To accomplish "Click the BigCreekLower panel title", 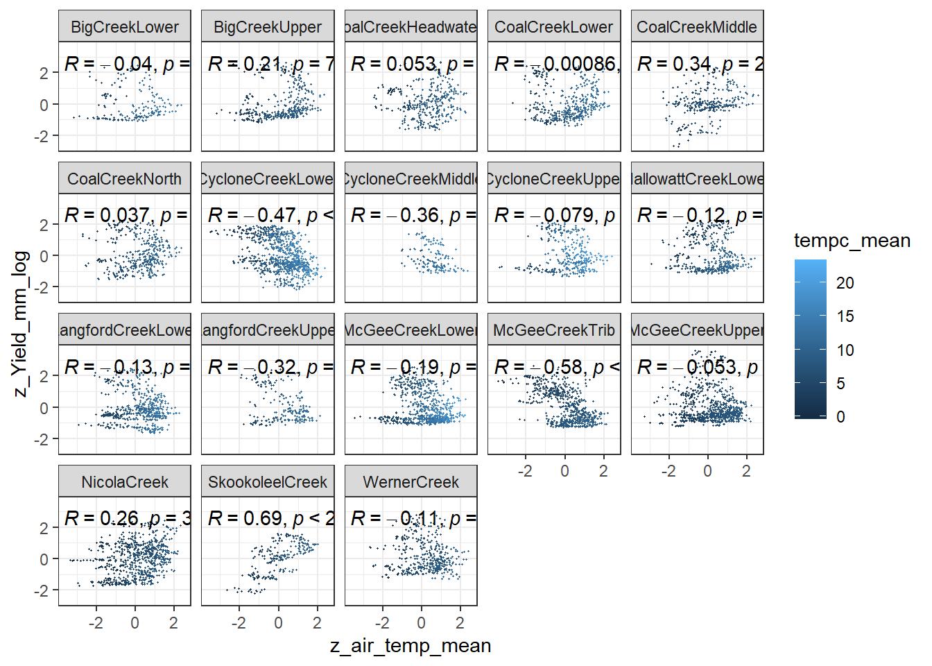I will [125, 27].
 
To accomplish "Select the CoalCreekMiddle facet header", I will [697, 27].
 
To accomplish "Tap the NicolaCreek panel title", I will [125, 482].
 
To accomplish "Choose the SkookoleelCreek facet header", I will [268, 482].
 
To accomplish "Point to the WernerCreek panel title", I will [411, 482].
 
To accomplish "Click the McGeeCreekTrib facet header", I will [554, 330].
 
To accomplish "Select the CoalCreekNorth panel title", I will [125, 179].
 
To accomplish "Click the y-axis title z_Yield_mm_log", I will [21, 324].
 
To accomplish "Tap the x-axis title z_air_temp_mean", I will [411, 646].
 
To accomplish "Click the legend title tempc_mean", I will [852, 241].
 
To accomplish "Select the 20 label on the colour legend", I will [845, 283].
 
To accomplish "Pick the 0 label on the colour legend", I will [840, 417].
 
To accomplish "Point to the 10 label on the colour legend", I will [845, 350].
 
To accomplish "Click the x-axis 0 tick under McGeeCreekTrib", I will [564, 471].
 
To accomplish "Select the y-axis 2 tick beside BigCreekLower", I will [44, 73].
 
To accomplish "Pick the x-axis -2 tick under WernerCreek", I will [382, 623].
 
